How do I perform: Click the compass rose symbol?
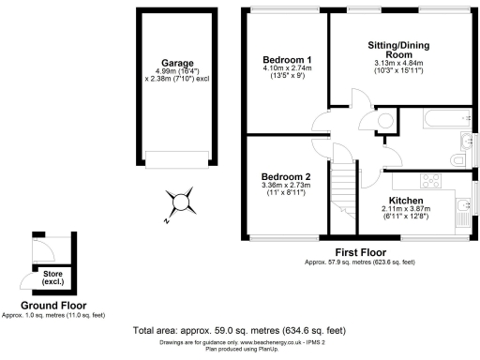(x=181, y=200)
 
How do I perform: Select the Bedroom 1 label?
(x=287, y=60)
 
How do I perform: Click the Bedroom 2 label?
(x=286, y=177)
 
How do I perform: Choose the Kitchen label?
(x=406, y=201)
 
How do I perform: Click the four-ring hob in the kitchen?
(x=434, y=182)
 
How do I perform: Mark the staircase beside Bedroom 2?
(x=347, y=192)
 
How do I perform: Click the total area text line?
(x=240, y=330)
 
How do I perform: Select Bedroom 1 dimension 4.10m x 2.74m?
(x=287, y=68)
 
